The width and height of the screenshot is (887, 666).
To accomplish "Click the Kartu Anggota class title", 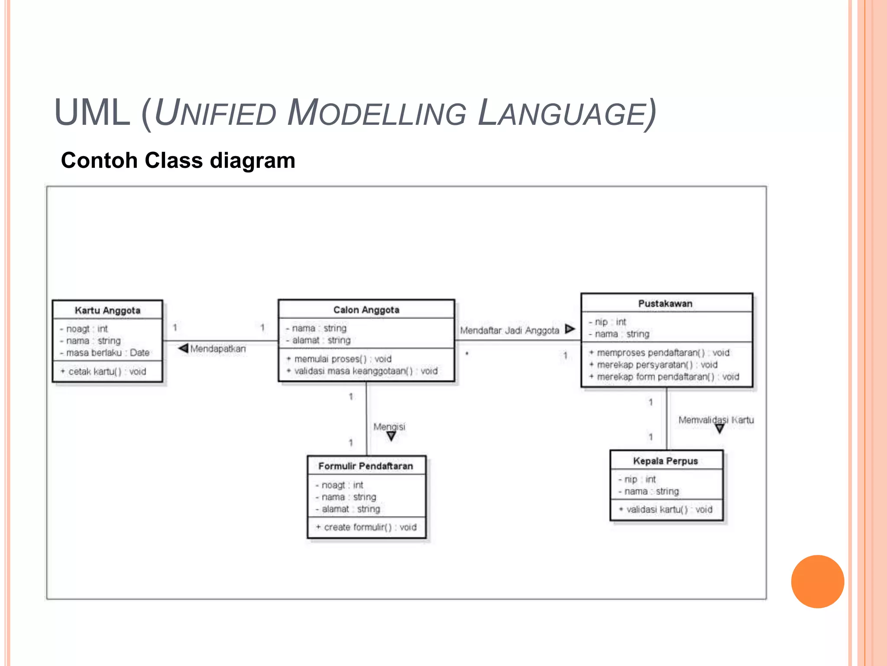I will tap(107, 310).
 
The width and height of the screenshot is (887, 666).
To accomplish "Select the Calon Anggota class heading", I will tap(366, 310).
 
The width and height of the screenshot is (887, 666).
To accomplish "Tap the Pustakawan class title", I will tap(665, 304).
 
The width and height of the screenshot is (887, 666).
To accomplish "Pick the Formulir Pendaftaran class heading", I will tap(366, 466).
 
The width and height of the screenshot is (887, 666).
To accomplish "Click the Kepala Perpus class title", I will tap(665, 461).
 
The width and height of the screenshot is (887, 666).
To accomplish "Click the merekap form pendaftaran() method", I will tap(667, 377).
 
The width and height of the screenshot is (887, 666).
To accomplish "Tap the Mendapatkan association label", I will tap(217, 349).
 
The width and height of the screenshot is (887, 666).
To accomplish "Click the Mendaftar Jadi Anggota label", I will tap(509, 330).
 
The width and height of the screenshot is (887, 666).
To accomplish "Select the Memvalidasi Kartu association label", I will tap(715, 420).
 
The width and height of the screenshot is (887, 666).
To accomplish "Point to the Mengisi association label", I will tap(389, 427).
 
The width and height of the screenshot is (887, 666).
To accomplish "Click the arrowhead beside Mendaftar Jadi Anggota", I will tap(570, 329).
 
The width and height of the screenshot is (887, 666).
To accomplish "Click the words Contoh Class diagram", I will tap(178, 160).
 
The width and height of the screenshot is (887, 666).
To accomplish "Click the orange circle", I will tap(817, 581).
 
